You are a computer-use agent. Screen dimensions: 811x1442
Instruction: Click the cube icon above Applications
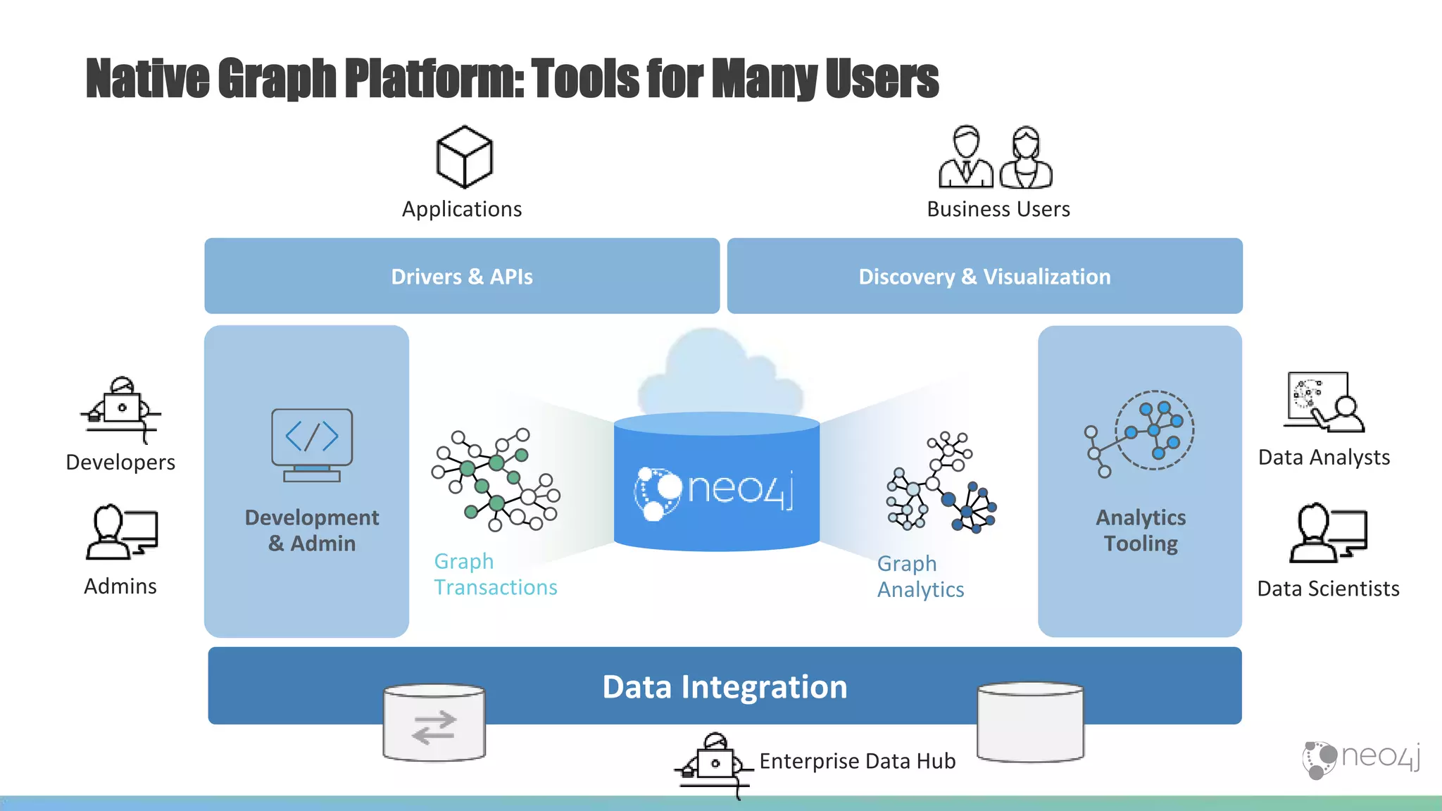[x=464, y=157]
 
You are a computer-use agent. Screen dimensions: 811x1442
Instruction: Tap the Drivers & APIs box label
[x=462, y=277]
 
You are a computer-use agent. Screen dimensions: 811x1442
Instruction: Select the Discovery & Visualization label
[x=984, y=277]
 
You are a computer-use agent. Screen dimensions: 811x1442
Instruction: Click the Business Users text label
[x=998, y=209]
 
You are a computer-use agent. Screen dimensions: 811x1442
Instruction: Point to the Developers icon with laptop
[x=121, y=408]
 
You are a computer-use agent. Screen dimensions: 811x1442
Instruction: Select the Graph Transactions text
[x=495, y=574]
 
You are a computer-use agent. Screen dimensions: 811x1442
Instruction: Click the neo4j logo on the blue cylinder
[x=715, y=490]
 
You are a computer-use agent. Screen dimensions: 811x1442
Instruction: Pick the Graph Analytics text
[x=920, y=577]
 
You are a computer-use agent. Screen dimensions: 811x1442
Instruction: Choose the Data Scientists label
[x=1328, y=589]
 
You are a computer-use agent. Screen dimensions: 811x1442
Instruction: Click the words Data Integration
[x=725, y=687]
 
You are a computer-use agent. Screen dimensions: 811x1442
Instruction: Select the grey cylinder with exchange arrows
[x=434, y=723]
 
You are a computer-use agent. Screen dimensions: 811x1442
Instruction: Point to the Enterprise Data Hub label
[x=857, y=761]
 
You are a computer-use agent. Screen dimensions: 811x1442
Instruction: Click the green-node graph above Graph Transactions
[x=496, y=479]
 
